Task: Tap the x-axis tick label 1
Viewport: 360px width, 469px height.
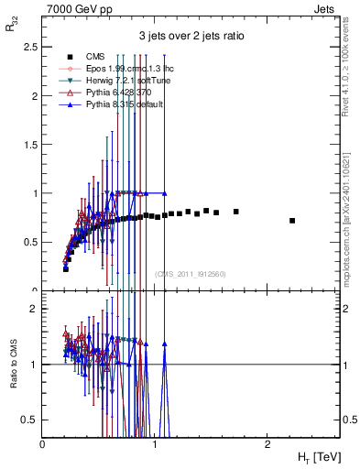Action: click(154, 444)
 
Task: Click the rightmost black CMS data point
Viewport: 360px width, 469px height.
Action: click(292, 221)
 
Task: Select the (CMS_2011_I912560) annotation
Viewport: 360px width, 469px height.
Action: click(191, 273)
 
